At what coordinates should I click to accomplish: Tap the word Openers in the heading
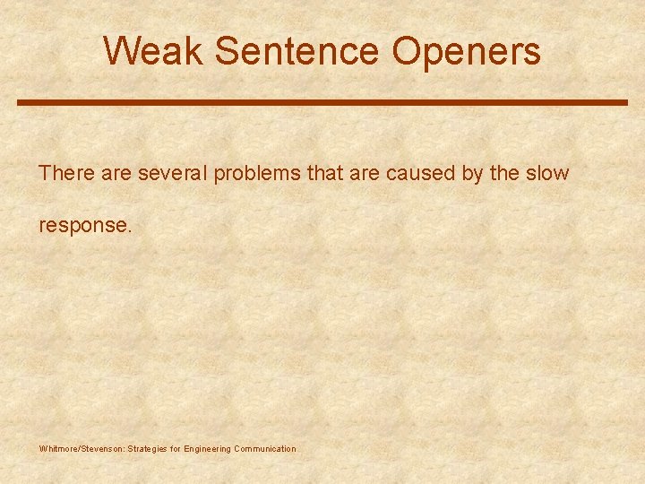pyautogui.click(x=466, y=51)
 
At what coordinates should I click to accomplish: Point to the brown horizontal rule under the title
pyautogui.click(x=322, y=102)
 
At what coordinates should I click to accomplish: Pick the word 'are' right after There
pyautogui.click(x=116, y=173)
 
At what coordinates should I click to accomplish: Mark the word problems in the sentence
pyautogui.click(x=257, y=174)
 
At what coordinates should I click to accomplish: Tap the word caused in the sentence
pyautogui.click(x=420, y=173)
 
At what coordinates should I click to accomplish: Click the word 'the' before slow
pyautogui.click(x=503, y=173)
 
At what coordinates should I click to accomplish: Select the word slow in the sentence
pyautogui.click(x=547, y=173)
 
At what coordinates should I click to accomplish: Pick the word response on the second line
pyautogui.click(x=84, y=226)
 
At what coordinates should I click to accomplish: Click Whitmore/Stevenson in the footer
pyautogui.click(x=82, y=448)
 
